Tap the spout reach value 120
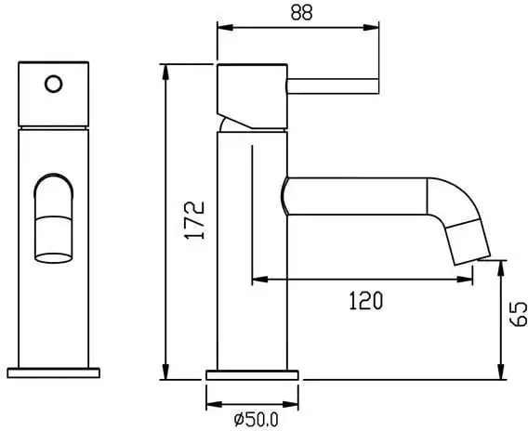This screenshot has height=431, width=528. click(364, 299)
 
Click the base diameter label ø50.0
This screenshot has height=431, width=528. click(252, 420)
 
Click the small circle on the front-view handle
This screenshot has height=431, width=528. click(53, 85)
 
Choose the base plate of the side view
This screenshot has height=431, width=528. click(253, 374)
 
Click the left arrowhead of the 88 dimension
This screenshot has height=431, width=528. click(222, 28)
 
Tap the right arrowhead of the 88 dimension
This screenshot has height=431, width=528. click(376, 28)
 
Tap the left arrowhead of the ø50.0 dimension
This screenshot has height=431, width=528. click(211, 403)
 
